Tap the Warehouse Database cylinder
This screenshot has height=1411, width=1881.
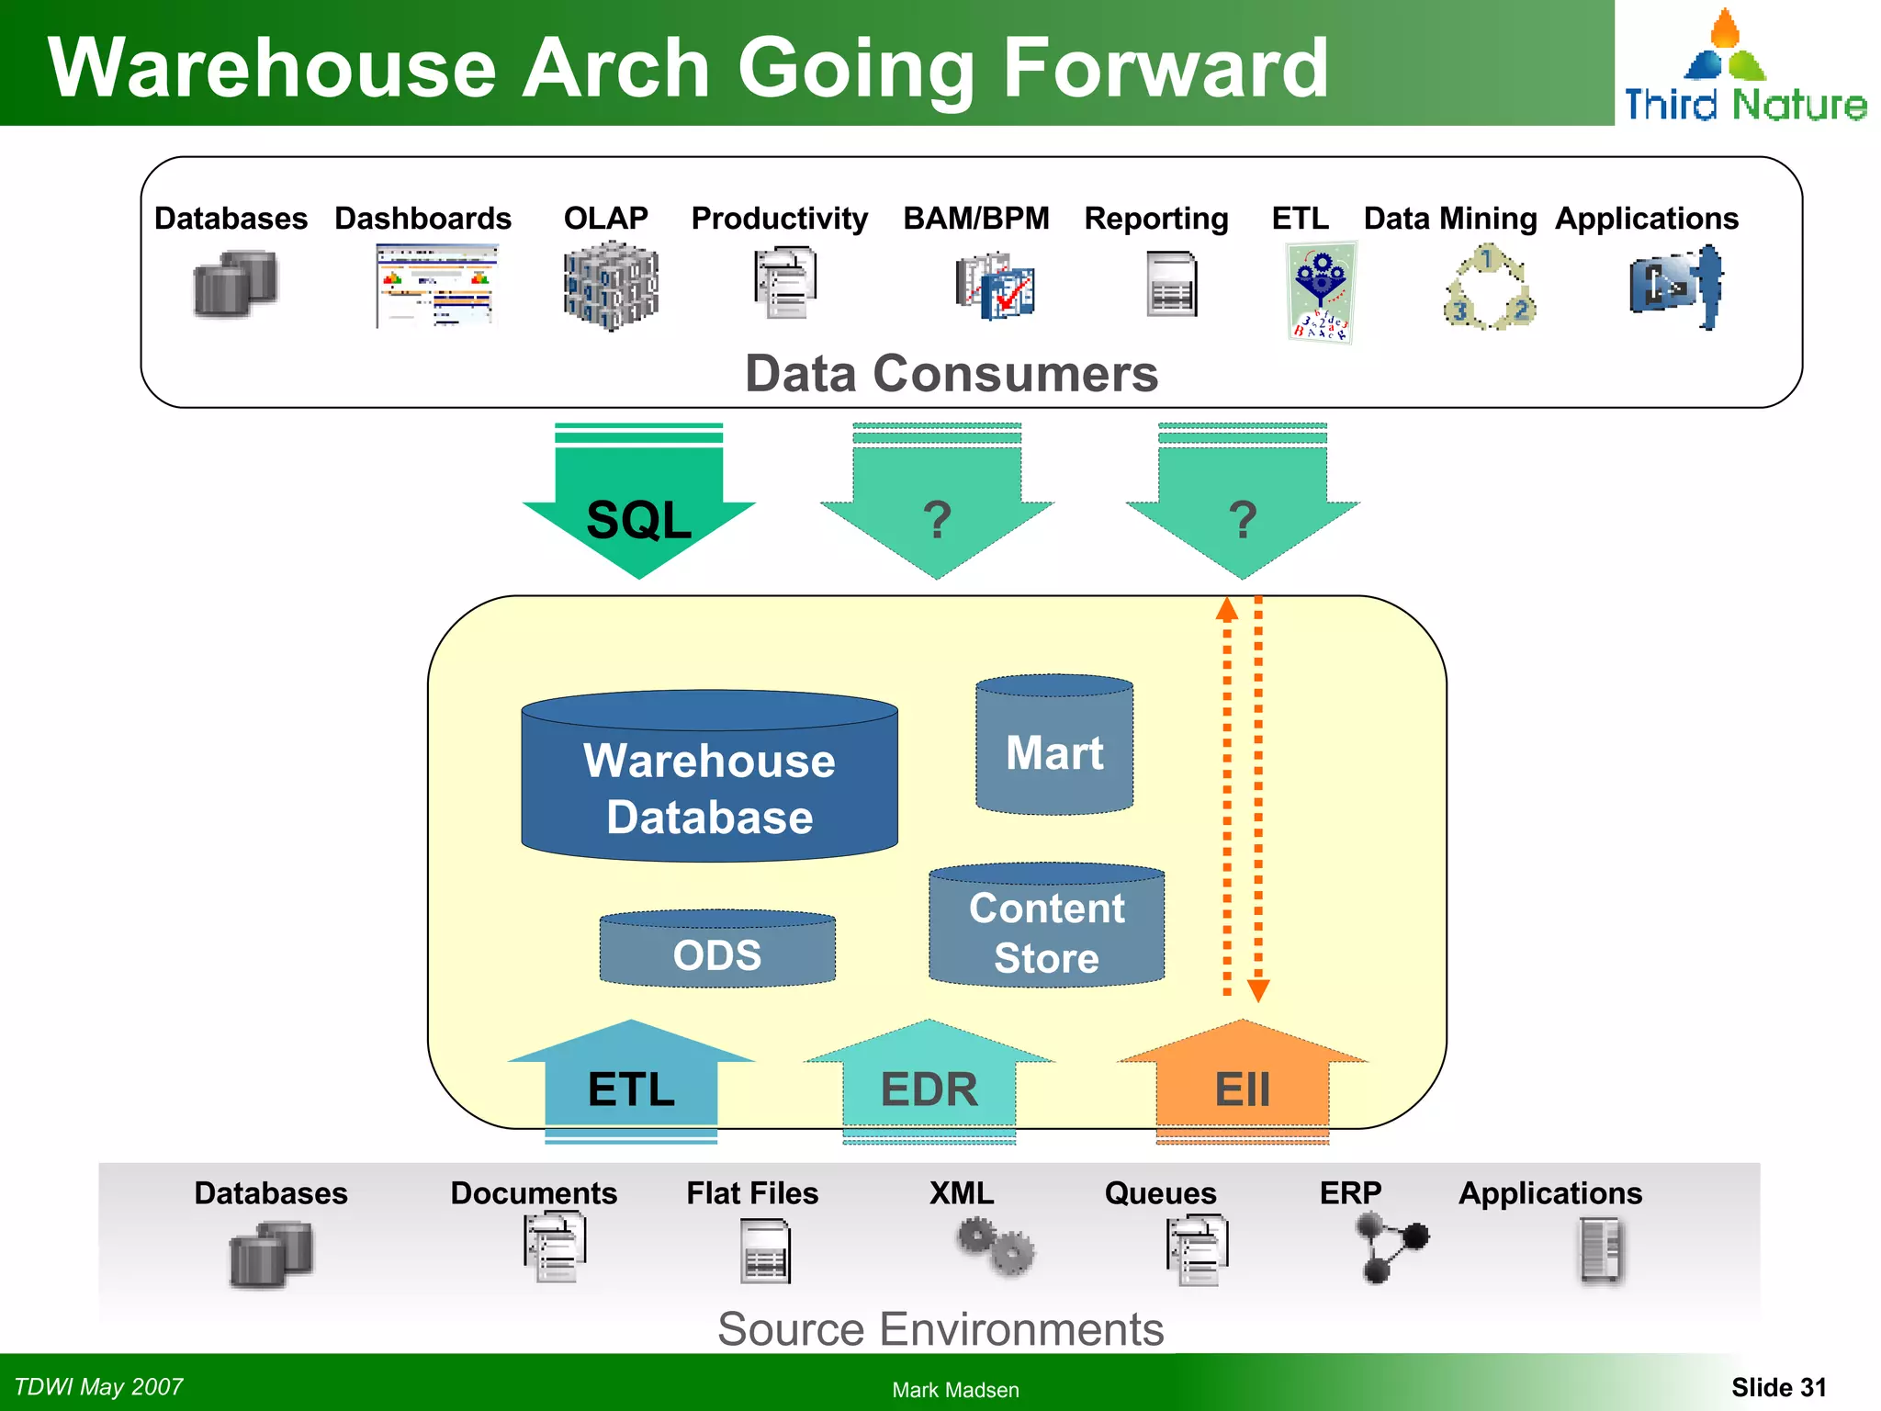click(x=709, y=781)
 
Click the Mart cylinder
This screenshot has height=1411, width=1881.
click(x=1054, y=749)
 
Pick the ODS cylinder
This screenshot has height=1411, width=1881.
click(x=717, y=952)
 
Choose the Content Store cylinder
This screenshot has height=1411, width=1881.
click(x=1046, y=928)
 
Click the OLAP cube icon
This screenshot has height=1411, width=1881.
click(x=610, y=285)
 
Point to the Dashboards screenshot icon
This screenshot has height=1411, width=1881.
click(x=436, y=285)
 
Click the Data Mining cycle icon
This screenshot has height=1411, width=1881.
click(x=1489, y=288)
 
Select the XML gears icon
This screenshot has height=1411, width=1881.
click(x=996, y=1246)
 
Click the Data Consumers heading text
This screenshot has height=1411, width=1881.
click(x=952, y=374)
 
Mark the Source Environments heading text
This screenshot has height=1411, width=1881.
click(x=940, y=1328)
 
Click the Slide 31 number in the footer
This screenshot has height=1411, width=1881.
click(x=1778, y=1387)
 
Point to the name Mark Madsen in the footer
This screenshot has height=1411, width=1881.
click(x=955, y=1390)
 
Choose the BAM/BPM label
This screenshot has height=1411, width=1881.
click(x=975, y=219)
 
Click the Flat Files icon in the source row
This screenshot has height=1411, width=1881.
click(x=765, y=1251)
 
